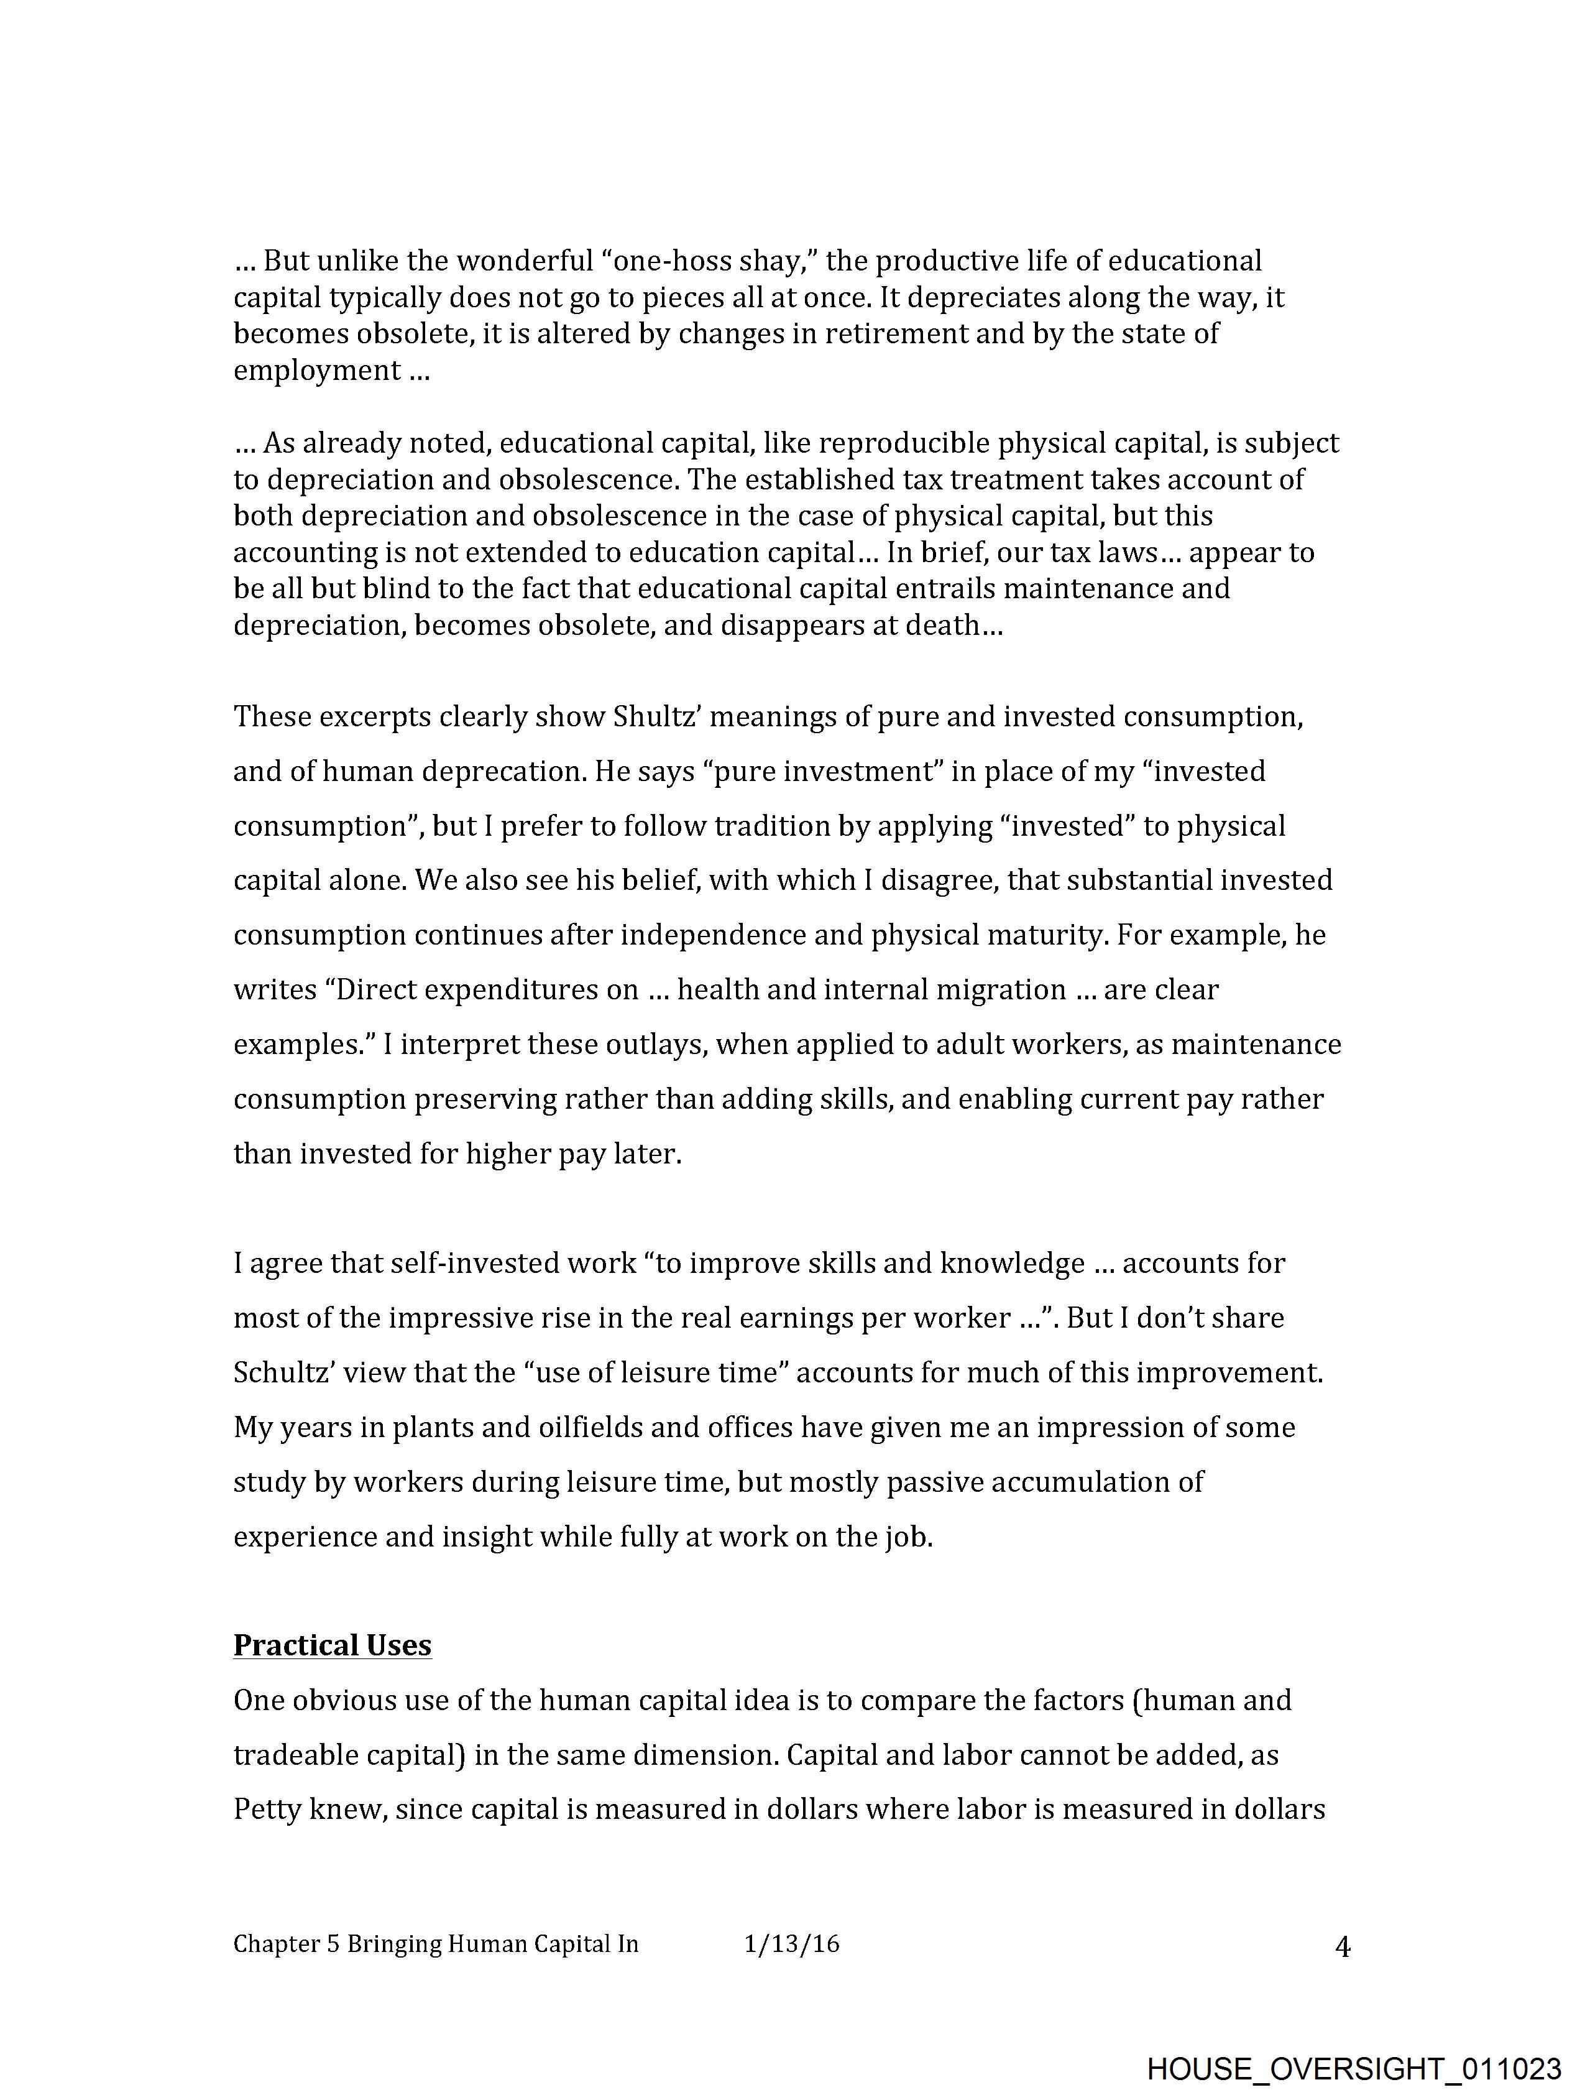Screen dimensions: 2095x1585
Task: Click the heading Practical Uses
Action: click(333, 1645)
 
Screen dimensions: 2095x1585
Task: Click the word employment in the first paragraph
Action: click(316, 371)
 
